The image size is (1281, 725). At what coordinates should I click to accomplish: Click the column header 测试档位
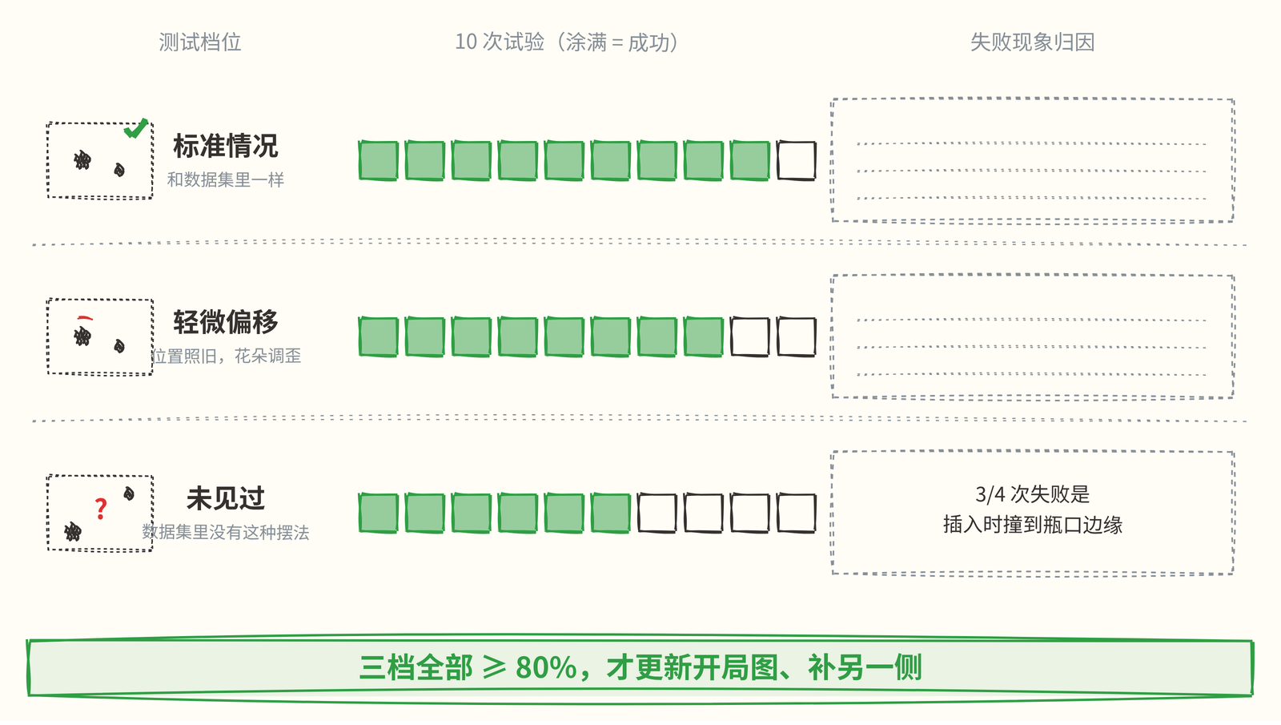point(199,42)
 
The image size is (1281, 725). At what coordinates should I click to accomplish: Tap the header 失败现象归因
point(1032,42)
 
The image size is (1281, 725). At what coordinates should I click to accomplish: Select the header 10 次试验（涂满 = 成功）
point(567,42)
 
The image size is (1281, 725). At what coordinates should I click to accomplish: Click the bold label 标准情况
point(225,146)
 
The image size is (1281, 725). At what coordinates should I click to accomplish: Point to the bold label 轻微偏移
point(225,322)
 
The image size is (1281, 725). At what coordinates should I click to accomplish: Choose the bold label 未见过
point(225,498)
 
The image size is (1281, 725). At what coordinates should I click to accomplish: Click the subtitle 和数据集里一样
point(225,179)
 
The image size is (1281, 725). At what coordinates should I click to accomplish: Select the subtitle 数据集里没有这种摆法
point(225,532)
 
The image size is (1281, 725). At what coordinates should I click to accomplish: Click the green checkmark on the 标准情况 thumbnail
point(136,129)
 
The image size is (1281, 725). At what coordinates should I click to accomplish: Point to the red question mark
point(101,509)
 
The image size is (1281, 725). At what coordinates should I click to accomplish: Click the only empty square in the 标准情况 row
point(796,161)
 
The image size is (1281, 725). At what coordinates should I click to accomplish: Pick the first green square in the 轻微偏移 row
point(378,337)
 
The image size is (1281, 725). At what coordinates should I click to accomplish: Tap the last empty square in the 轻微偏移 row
point(796,337)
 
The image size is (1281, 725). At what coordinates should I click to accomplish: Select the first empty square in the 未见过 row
point(657,514)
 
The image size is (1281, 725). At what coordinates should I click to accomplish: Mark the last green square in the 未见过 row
point(610,514)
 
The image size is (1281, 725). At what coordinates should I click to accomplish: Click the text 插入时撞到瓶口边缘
point(1032,525)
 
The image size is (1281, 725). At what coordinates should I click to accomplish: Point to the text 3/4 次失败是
point(1032,494)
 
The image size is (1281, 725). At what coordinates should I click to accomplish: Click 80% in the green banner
point(546,668)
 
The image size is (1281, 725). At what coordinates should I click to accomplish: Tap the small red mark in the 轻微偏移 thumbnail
point(85,317)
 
